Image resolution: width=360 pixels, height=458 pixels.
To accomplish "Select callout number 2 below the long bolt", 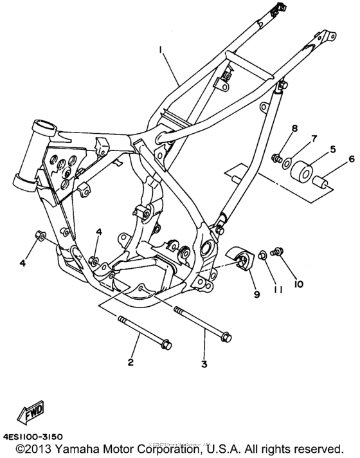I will point(130,363).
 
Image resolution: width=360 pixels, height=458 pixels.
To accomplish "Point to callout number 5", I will point(332,149).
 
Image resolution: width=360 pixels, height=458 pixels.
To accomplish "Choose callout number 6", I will point(351,159).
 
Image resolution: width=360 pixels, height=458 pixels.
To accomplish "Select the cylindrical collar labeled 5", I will point(303,173).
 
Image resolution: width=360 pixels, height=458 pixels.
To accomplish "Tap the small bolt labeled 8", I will point(277,157).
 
